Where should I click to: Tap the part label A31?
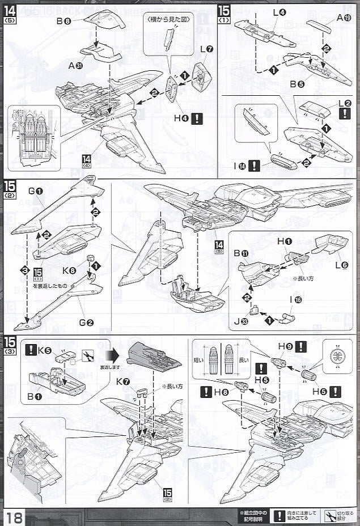(75, 65)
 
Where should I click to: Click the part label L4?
(278, 11)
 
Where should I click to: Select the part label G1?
(36, 191)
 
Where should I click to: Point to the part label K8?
(69, 270)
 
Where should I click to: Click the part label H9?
(285, 346)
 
